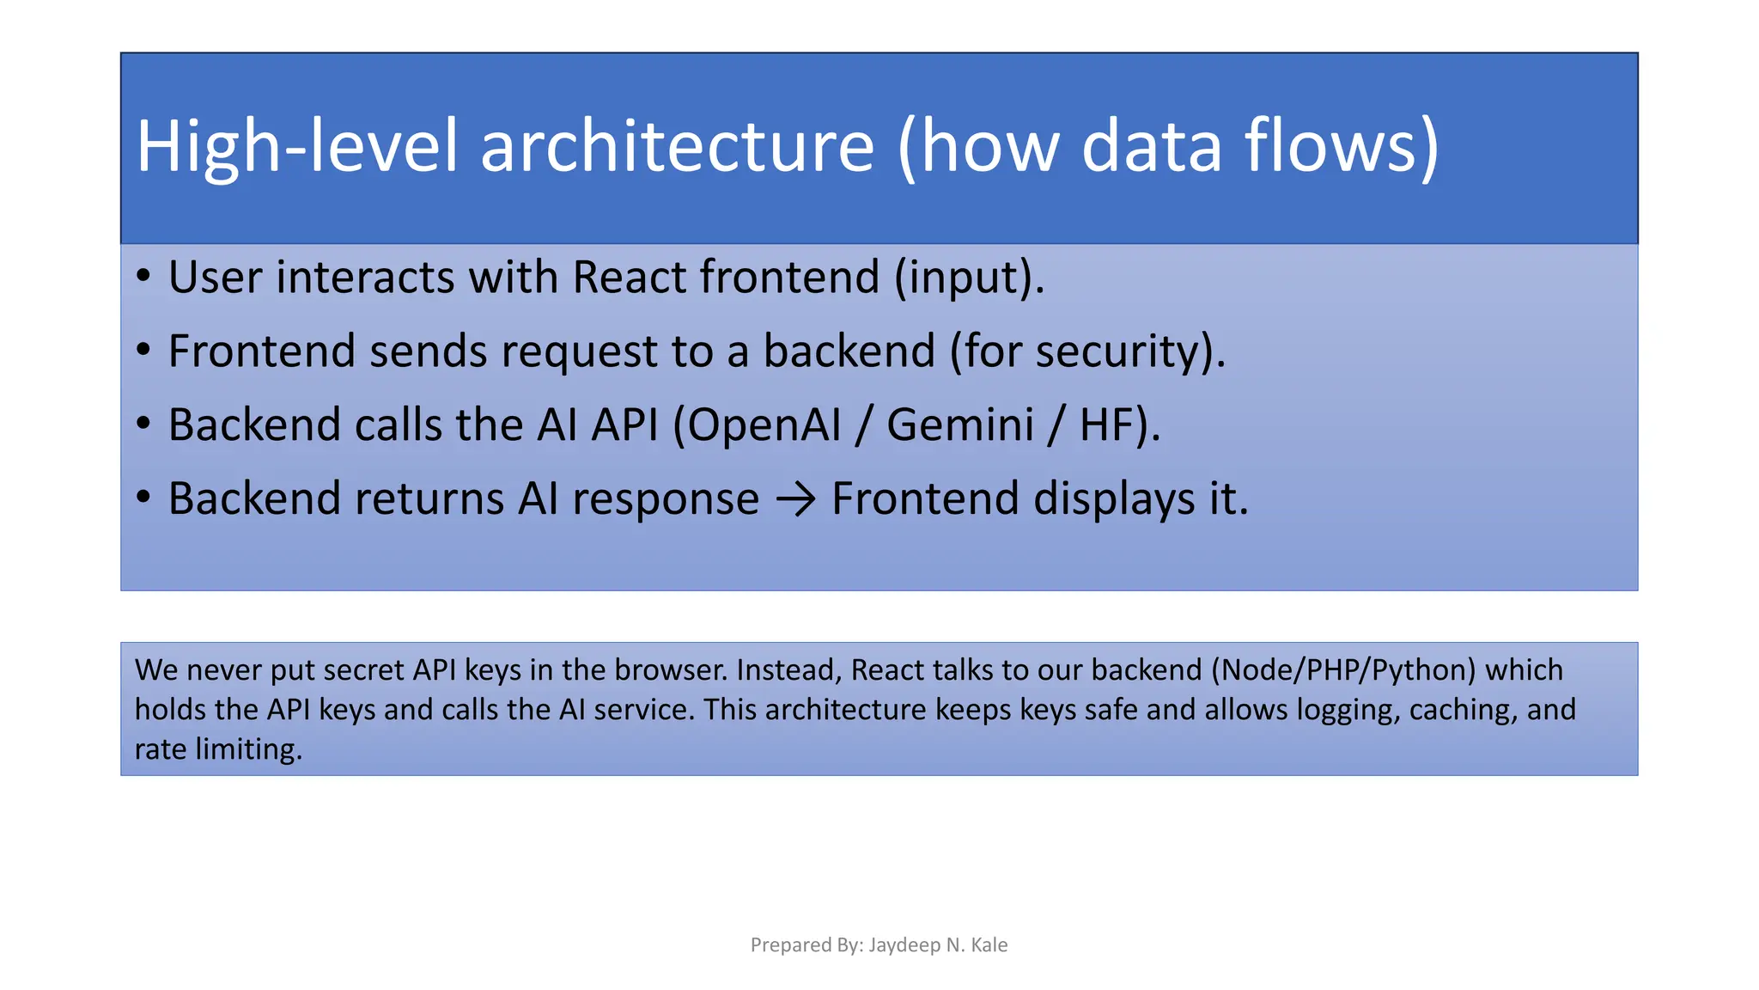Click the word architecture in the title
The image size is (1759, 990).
(677, 146)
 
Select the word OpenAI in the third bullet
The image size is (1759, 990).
(764, 425)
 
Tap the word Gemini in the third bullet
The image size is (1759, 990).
(959, 425)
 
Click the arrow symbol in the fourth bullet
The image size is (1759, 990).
(795, 499)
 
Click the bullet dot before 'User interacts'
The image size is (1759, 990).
(143, 277)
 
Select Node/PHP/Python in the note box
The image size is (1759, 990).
(1343, 669)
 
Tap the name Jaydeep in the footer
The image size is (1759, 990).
(904, 945)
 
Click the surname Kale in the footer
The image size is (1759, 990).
(989, 945)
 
